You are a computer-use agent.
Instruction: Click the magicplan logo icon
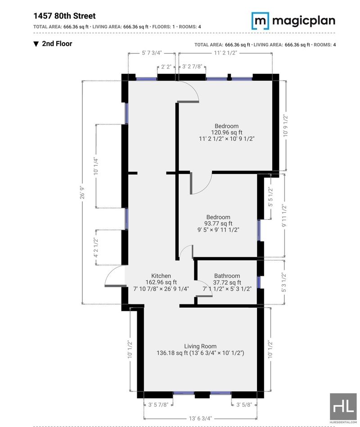pyautogui.click(x=260, y=21)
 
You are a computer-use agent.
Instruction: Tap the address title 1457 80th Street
pyautogui.click(x=64, y=16)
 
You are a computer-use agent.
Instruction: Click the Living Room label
pyautogui.click(x=200, y=346)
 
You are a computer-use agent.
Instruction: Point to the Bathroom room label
pyautogui.click(x=227, y=276)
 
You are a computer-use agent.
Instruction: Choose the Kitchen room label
pyautogui.click(x=161, y=276)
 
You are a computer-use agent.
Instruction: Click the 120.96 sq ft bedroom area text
pyautogui.click(x=227, y=132)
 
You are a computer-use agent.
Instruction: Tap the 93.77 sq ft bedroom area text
pyautogui.click(x=218, y=223)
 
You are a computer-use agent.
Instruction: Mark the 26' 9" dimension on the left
pyautogui.click(x=82, y=192)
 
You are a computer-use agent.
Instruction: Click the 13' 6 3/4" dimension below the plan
pyautogui.click(x=200, y=418)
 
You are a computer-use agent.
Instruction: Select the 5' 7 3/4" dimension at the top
pyautogui.click(x=152, y=53)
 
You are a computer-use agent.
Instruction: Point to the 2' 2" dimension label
pyautogui.click(x=166, y=67)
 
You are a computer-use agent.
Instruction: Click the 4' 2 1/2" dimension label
pyautogui.click(x=96, y=247)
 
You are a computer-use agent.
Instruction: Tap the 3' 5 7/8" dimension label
pyautogui.click(x=158, y=404)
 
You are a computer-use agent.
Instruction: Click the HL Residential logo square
pyautogui.click(x=343, y=407)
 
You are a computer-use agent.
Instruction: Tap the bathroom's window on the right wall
pyautogui.click(x=259, y=282)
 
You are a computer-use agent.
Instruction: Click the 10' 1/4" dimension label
pyautogui.click(x=96, y=166)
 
